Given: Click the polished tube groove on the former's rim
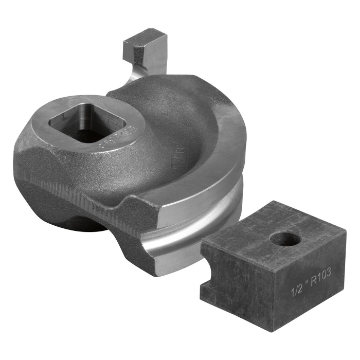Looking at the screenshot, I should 206,226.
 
